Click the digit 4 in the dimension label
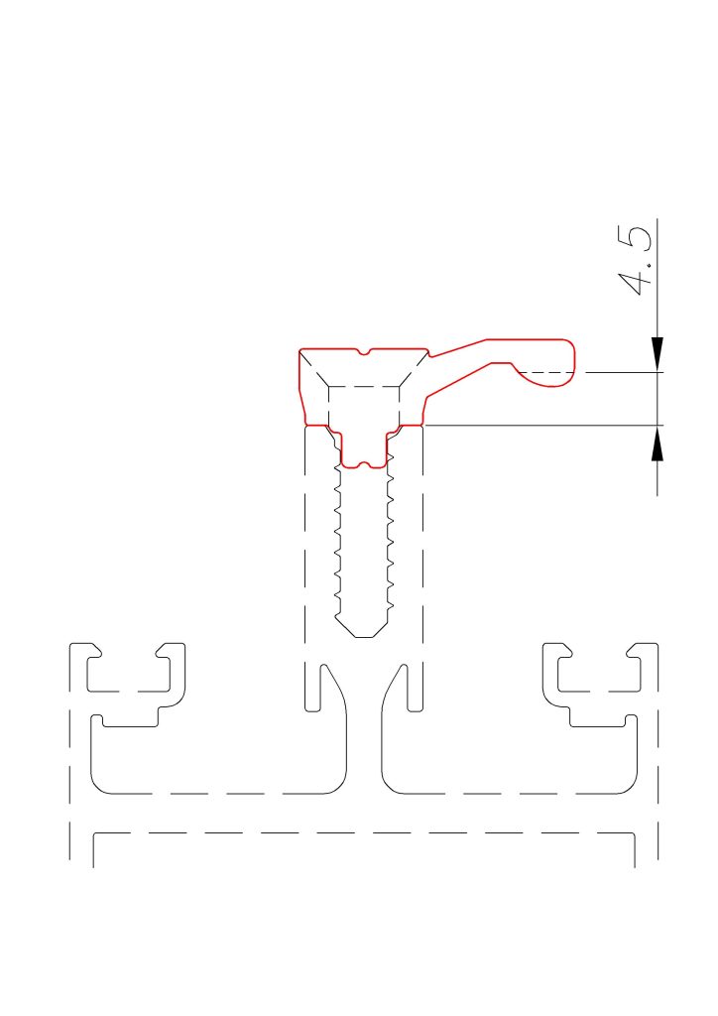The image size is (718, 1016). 634,283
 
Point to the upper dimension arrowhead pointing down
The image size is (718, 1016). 658,354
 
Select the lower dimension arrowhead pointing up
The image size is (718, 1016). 658,443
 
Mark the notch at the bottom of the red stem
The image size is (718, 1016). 364,464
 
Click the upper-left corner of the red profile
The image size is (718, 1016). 299,350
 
